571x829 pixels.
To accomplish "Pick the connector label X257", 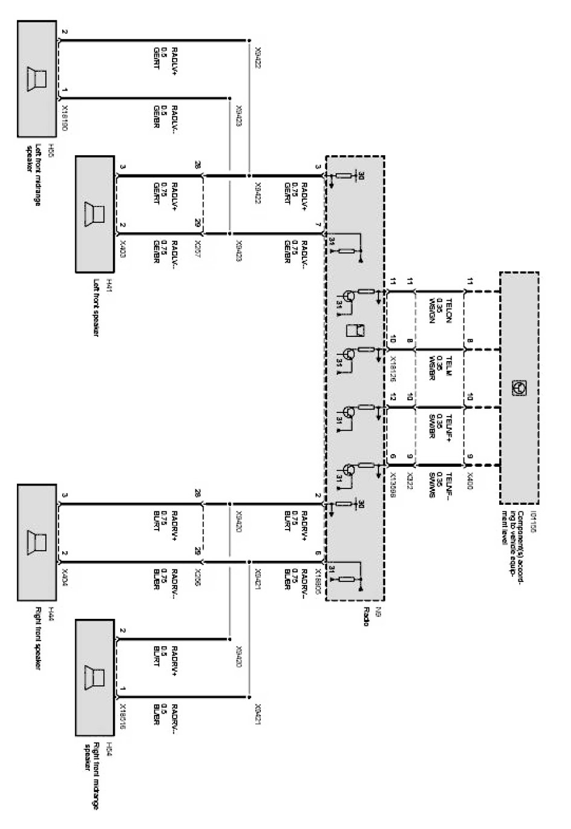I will coord(197,247).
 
